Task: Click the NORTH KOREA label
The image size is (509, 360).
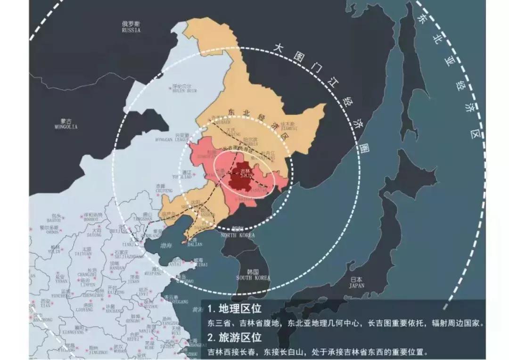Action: (x=238, y=234)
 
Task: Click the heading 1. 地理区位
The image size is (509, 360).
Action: (x=234, y=309)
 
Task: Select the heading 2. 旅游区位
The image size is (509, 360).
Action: (x=234, y=337)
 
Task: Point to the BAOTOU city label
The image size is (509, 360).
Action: (x=54, y=219)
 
